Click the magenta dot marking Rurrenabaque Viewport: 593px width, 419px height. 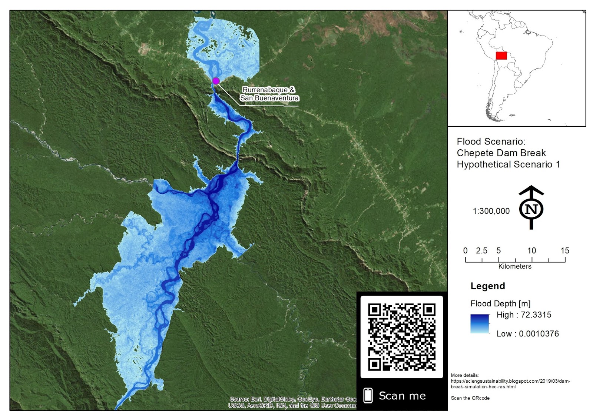(216, 81)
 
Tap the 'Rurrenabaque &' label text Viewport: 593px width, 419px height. (268, 90)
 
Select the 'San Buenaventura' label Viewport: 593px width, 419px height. (269, 98)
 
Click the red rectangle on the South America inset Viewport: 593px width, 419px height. (501, 56)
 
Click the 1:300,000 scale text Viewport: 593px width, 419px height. (491, 211)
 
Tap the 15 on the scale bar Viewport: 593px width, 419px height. (564, 251)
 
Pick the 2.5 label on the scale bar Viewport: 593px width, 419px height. (481, 251)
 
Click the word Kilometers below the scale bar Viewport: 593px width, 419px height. (515, 266)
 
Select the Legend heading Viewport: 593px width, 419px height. (488, 286)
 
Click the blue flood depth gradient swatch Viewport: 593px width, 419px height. (480, 324)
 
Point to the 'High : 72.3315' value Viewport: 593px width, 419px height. (524, 315)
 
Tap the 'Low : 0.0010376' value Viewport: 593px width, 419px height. (527, 334)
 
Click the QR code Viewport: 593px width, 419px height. (402, 337)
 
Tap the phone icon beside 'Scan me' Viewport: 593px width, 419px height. (368, 395)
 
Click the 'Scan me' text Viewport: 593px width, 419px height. (402, 396)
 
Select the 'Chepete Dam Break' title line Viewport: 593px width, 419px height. (501, 153)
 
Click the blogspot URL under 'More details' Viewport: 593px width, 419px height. (510, 384)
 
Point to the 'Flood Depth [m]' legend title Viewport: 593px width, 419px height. (500, 304)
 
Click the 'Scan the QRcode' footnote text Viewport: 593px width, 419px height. (470, 398)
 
